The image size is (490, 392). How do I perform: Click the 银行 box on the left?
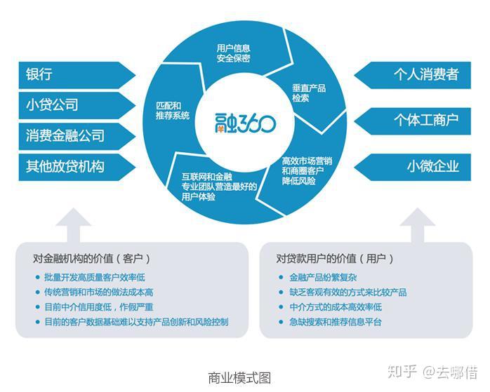point(70,74)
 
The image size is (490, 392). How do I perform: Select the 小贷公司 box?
point(70,104)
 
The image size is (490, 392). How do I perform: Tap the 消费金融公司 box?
point(70,135)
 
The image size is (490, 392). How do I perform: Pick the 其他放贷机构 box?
point(70,165)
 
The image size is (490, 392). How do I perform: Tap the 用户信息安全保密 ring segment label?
point(234,53)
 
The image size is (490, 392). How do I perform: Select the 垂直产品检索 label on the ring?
point(309,94)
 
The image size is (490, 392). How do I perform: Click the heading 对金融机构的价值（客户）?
point(91,257)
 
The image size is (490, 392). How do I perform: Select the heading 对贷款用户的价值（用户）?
point(333,257)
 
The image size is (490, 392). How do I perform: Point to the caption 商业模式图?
point(239,377)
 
